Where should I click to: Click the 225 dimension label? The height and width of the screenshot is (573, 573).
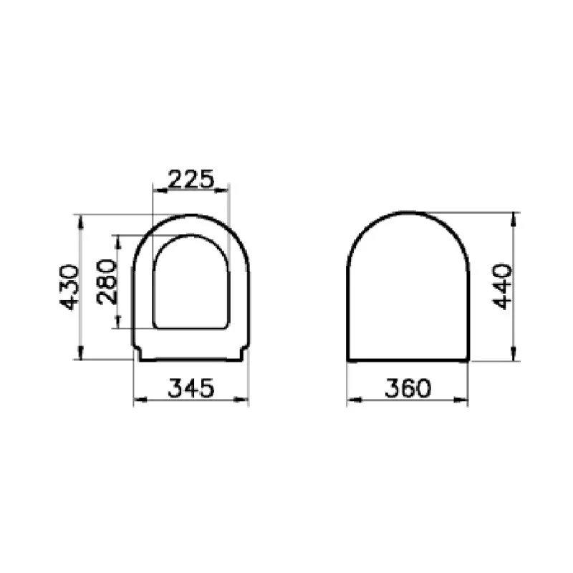191,178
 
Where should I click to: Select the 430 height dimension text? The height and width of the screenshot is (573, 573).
69,286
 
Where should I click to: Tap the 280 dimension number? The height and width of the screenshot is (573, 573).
106,281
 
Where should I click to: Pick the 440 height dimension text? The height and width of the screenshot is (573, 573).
503,286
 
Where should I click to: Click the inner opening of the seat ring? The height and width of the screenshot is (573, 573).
191,283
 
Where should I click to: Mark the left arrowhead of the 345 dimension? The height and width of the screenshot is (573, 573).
138,399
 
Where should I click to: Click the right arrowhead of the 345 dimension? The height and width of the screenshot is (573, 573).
244,399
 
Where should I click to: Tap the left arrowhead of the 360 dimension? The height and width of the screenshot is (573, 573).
351,399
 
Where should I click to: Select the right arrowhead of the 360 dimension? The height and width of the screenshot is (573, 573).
463,399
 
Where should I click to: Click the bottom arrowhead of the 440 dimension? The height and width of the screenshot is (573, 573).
514,355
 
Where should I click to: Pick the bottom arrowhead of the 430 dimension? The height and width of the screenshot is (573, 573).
81,355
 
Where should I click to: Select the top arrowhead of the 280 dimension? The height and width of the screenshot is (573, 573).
119,240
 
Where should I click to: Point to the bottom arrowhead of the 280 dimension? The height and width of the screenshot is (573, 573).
119,324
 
